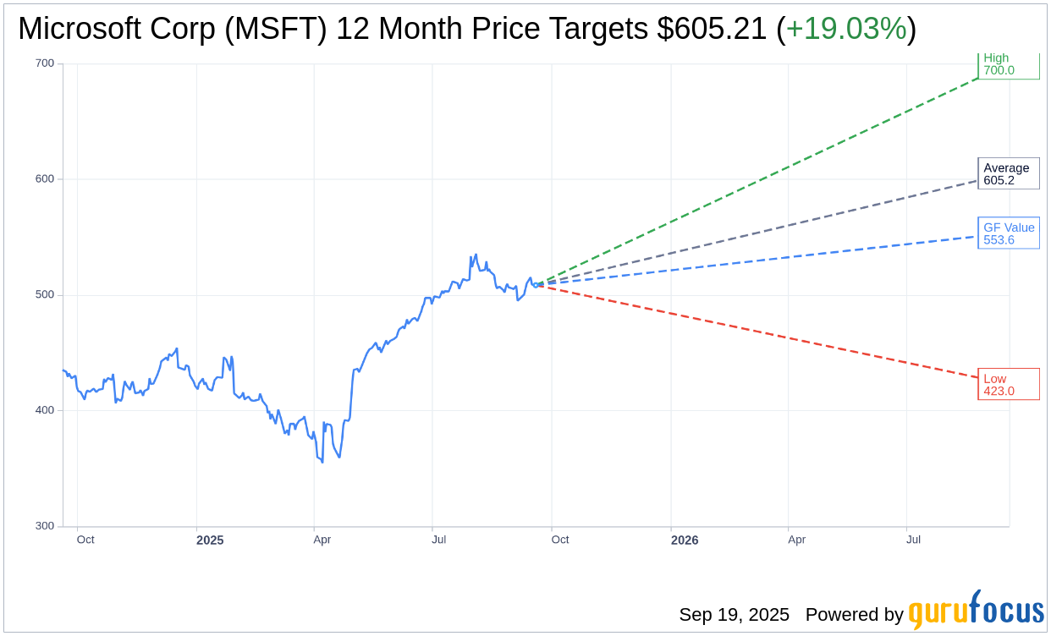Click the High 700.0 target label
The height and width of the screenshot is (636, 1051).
[x=1008, y=65]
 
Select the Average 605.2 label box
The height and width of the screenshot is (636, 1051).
[x=1008, y=173]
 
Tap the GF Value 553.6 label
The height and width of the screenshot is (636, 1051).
[x=1008, y=233]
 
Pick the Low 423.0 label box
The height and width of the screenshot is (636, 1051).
[x=1008, y=384]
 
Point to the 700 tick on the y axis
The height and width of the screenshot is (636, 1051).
[x=44, y=63]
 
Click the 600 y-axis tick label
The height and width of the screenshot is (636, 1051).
[x=44, y=179]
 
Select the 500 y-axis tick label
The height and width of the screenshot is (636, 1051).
[x=44, y=295]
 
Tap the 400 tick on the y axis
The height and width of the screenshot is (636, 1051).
[x=44, y=410]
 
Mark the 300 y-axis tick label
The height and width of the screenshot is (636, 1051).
[x=44, y=526]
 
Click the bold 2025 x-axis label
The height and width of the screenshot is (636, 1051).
[x=210, y=540]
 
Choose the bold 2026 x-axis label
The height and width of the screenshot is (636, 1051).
[x=685, y=540]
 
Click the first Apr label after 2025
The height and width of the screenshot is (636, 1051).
[x=322, y=540]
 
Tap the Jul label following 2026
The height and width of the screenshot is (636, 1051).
[x=913, y=540]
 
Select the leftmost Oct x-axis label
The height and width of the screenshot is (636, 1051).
[x=85, y=540]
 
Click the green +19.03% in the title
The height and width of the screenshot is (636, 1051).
[x=846, y=29]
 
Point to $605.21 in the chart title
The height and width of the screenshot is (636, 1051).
[x=712, y=29]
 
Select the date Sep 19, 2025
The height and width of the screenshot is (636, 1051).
[x=734, y=615]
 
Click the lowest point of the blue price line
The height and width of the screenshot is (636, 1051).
[x=322, y=462]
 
